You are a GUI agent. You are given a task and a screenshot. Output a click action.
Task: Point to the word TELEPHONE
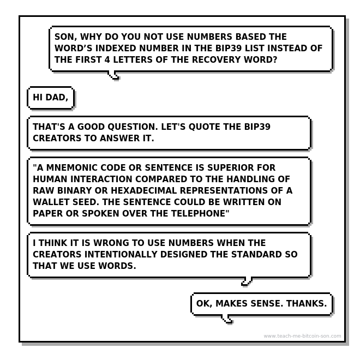click(x=201, y=213)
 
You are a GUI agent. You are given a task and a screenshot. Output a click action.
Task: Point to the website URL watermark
click(x=302, y=336)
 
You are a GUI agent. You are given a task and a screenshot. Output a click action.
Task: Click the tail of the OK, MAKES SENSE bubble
click(x=229, y=320)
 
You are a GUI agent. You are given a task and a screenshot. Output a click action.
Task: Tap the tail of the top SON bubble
click(x=114, y=75)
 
